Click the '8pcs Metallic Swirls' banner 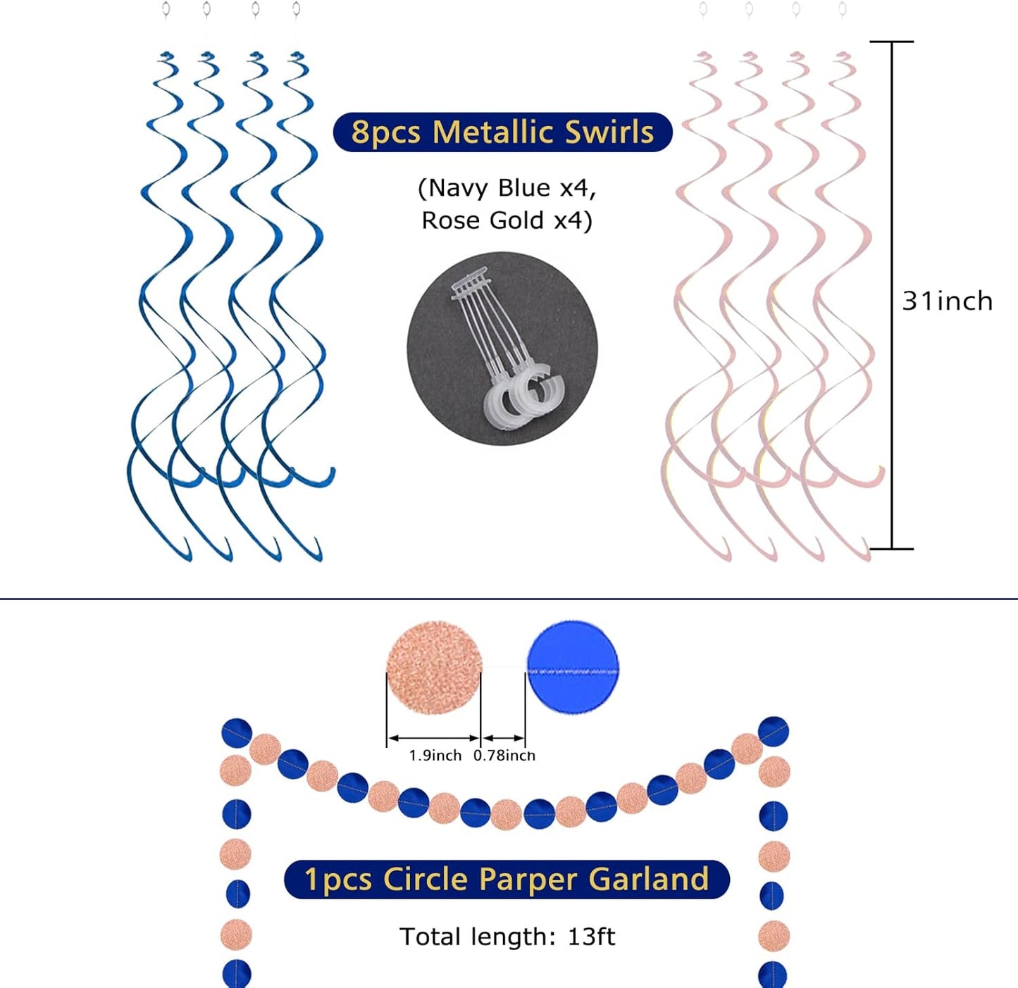(502, 132)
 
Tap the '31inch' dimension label (948, 301)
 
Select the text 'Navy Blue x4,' (507, 188)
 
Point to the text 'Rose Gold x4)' (507, 220)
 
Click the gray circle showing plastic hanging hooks (502, 349)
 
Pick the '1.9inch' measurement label (435, 755)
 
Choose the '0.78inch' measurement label (504, 755)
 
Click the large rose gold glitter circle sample (434, 668)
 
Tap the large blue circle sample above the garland (572, 667)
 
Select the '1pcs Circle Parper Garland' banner (507, 880)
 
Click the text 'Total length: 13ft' (507, 936)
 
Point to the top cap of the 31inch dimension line (891, 42)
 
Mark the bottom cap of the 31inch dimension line (891, 549)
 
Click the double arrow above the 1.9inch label (434, 738)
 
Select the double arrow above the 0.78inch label (503, 738)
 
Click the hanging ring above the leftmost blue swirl (166, 8)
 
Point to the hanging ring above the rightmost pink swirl (843, 8)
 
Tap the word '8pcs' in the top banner (385, 133)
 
